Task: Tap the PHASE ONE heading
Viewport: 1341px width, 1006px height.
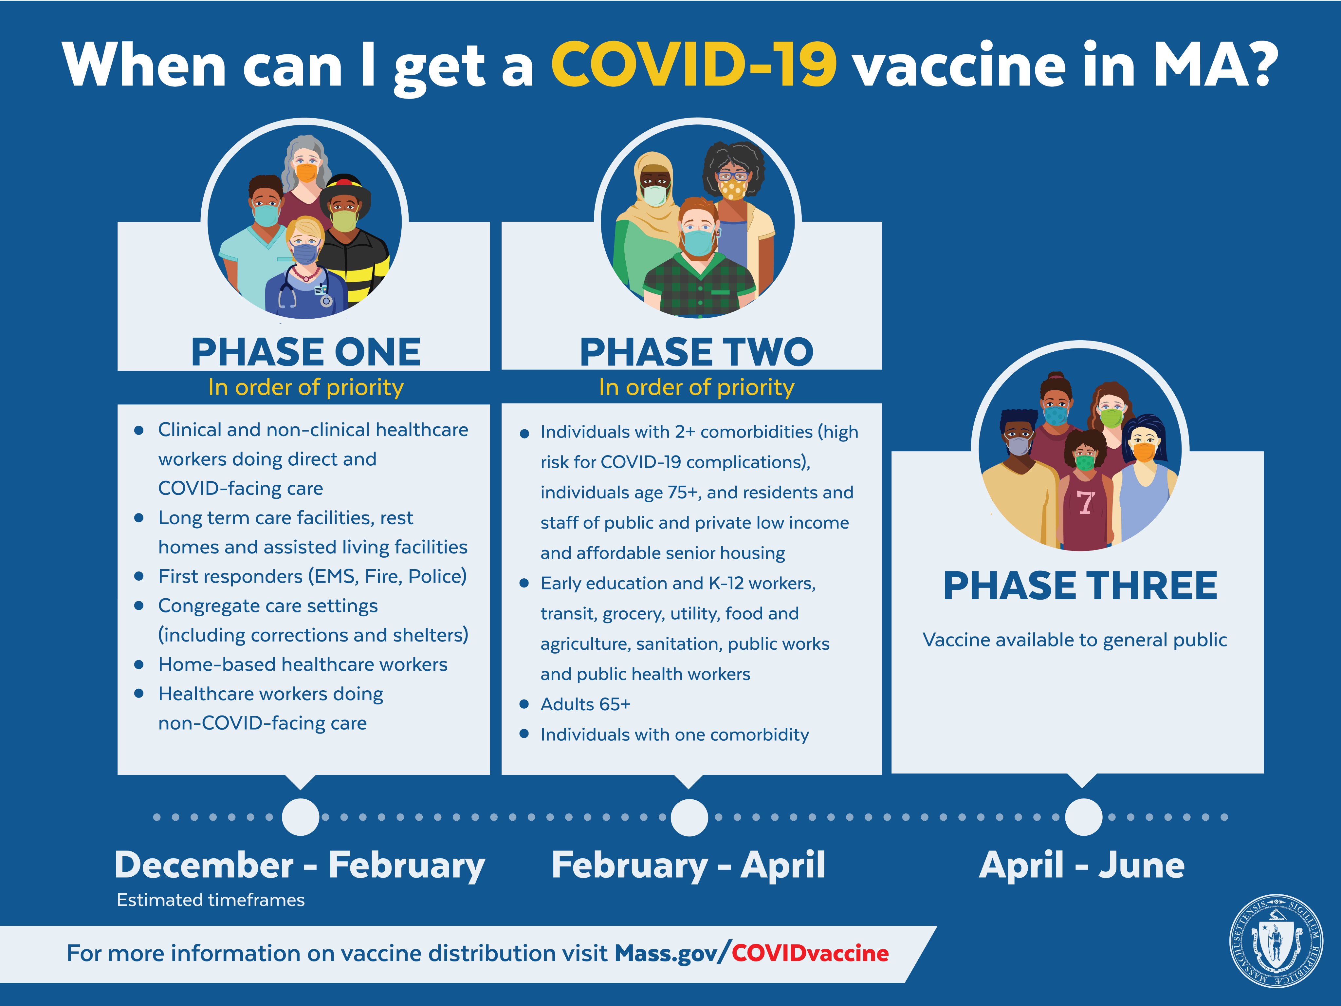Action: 305,352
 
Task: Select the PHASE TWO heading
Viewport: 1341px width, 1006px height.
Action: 696,352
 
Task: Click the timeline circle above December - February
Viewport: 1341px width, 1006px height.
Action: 301,817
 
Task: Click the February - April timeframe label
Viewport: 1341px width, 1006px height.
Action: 688,865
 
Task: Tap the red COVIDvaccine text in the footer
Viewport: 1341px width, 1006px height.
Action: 810,953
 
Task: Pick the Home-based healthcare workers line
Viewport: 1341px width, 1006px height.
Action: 303,664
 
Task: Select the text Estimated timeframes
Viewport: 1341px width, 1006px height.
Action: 211,900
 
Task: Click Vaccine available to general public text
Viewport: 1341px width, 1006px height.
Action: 1074,640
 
